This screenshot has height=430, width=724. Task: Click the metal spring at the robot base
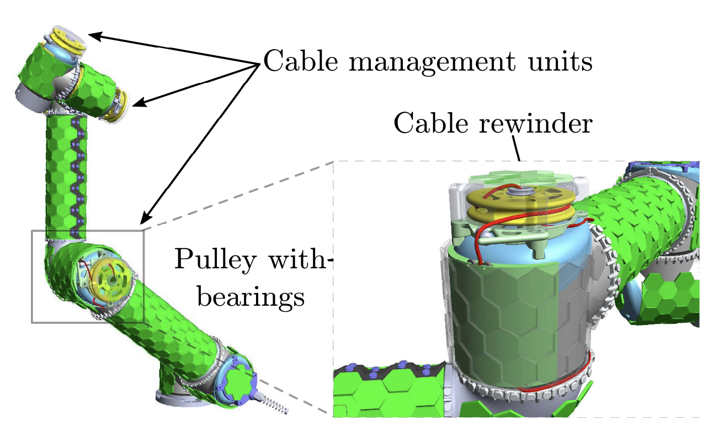pyautogui.click(x=274, y=404)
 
